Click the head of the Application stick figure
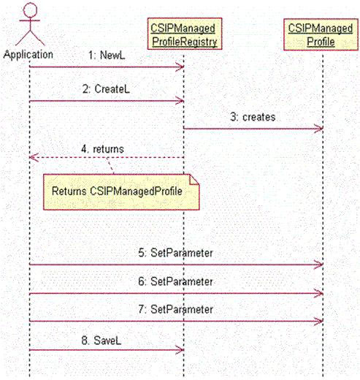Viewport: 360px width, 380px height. (x=30, y=9)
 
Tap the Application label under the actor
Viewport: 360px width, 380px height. (x=28, y=54)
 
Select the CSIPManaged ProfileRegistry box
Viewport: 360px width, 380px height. (x=185, y=34)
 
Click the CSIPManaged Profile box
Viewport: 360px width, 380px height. (x=321, y=34)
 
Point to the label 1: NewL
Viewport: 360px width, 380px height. (x=107, y=56)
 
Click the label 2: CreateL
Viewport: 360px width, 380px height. (x=106, y=89)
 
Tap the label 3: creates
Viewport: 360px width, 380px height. (x=253, y=117)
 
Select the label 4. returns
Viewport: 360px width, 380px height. (x=102, y=149)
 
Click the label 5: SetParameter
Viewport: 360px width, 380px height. (x=175, y=253)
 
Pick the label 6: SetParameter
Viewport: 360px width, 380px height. (x=175, y=281)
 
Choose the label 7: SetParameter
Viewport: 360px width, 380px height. (x=175, y=309)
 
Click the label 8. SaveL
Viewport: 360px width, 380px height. (x=102, y=341)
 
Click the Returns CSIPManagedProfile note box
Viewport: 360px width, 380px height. (x=121, y=191)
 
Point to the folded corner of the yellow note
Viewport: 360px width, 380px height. (x=194, y=180)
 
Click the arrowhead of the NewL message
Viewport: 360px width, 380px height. (x=180, y=66)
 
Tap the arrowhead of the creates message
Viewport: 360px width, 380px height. (x=319, y=129)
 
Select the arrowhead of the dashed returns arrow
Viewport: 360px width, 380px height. (x=34, y=157)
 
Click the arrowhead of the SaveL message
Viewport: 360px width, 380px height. (x=180, y=350)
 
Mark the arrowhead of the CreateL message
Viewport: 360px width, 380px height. (x=180, y=101)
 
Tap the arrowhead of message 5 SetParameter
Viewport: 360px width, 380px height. (x=319, y=265)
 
